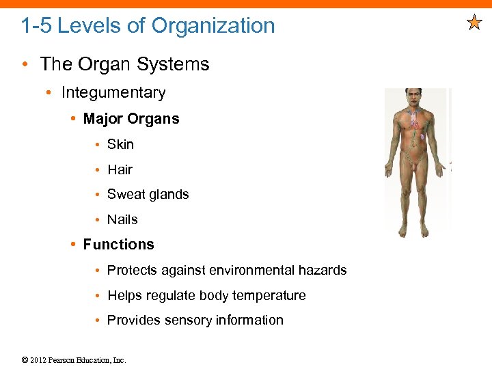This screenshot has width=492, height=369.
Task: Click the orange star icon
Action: point(474,23)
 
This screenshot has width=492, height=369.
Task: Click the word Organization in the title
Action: point(213,26)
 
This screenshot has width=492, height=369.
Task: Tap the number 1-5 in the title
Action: point(36,26)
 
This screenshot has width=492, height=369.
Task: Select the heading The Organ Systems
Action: point(124,64)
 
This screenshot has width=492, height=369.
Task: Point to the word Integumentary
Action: point(113,92)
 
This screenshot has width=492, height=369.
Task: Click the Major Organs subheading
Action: point(131,119)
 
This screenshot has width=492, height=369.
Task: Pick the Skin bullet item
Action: point(120,144)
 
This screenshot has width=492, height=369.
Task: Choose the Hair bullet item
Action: point(120,169)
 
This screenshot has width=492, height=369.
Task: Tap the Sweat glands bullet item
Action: point(148,195)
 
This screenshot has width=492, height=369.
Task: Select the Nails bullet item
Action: point(122,219)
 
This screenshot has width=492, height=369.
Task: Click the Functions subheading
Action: point(118,245)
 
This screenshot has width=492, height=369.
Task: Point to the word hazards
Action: point(322,271)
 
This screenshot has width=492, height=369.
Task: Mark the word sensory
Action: point(187,320)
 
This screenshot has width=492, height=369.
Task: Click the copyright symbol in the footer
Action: point(25,360)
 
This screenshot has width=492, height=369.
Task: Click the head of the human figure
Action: point(414,96)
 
